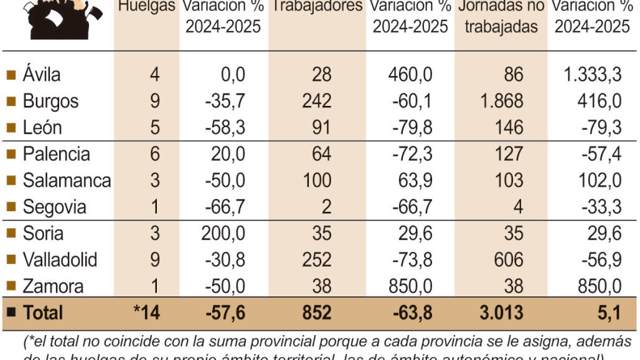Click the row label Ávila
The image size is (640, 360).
point(42,75)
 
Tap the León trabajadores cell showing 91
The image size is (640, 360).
point(318,128)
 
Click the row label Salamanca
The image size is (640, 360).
point(67,181)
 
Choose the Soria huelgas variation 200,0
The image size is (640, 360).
point(222,234)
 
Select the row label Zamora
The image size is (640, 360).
point(53,287)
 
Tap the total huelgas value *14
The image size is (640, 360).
point(147,312)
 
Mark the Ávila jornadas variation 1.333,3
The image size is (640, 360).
point(592,75)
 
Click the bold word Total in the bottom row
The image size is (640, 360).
point(43,312)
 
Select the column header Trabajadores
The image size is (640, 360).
point(318,7)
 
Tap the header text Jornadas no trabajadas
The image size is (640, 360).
point(501,17)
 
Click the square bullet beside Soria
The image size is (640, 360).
point(11,234)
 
